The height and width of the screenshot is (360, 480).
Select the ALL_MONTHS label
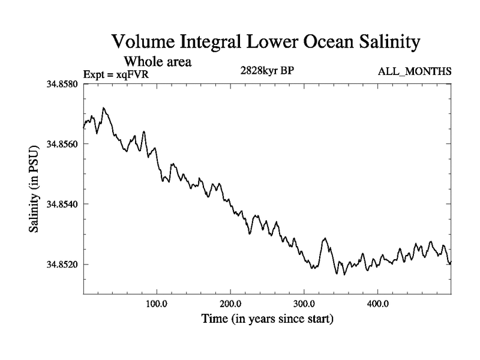(415, 72)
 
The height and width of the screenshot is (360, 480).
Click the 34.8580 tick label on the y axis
(62, 84)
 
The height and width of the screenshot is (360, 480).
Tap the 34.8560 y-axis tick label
(62, 144)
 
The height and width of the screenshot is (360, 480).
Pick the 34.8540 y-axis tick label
(62, 204)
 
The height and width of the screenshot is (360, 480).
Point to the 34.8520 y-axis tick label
(62, 264)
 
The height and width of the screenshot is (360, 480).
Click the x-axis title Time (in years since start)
(266, 319)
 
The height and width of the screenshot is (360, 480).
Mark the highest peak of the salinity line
(104, 108)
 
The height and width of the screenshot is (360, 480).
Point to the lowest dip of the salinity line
(344, 274)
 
